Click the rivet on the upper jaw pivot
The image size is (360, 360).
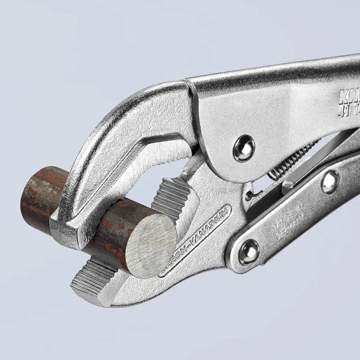click(x=243, y=148)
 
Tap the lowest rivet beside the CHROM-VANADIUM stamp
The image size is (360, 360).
click(x=249, y=252)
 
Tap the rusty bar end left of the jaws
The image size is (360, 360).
click(x=38, y=193)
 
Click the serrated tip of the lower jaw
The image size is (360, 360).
click(x=90, y=281)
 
